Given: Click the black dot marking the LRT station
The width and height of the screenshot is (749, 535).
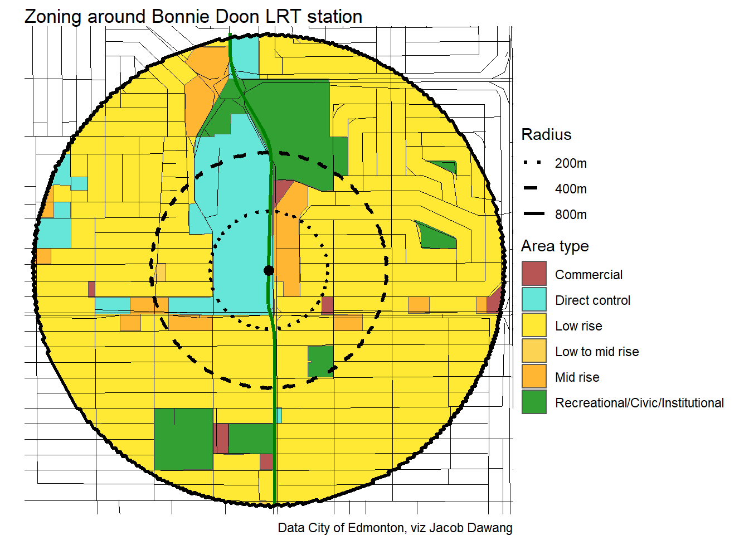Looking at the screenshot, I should click(x=269, y=271).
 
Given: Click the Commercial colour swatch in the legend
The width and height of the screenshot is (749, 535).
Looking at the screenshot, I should click(x=534, y=274).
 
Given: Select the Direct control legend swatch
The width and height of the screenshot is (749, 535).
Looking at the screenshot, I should click(x=534, y=299).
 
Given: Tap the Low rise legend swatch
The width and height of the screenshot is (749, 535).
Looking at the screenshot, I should click(x=534, y=325).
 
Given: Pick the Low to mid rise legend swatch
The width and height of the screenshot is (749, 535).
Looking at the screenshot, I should click(x=534, y=351).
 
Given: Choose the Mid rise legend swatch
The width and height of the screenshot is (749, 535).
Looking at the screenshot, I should click(x=534, y=376).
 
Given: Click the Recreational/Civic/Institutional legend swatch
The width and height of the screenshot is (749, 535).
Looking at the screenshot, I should click(x=534, y=402).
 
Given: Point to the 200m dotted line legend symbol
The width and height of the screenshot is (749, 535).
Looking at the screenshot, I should click(x=533, y=163).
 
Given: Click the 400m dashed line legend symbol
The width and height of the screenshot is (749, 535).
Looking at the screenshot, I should click(x=533, y=188).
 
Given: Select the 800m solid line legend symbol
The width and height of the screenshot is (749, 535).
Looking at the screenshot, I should click(x=533, y=214).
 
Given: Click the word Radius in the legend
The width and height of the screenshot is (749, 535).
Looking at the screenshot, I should click(x=546, y=135).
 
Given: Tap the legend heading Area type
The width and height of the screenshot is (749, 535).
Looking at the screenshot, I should click(x=555, y=246).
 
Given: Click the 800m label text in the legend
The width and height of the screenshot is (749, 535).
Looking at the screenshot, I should click(x=571, y=215).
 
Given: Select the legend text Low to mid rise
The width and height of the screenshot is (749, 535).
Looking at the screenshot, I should click(x=597, y=352).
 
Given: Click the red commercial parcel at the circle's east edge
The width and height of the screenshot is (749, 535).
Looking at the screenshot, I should click(x=494, y=301).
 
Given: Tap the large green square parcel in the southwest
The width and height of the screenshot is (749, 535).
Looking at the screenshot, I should click(x=183, y=439).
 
